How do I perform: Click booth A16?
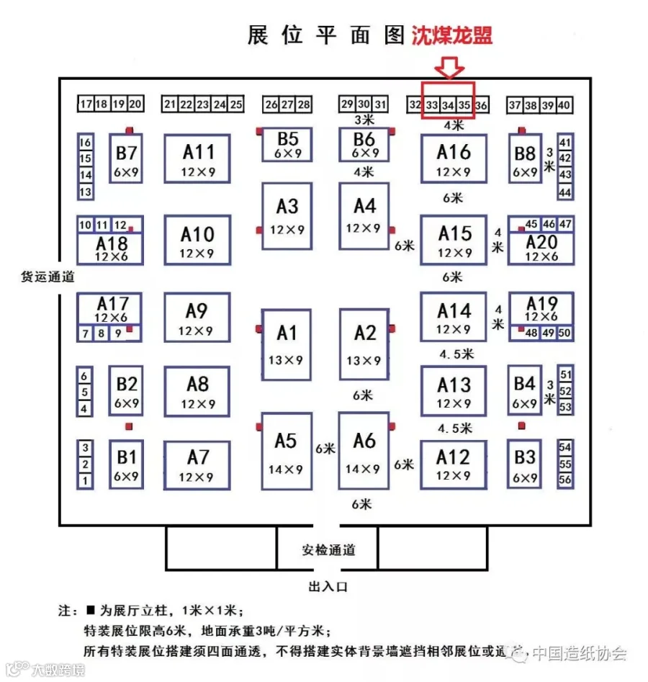click(x=454, y=160)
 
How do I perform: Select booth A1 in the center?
click(x=287, y=344)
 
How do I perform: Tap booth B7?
click(x=126, y=159)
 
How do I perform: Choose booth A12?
click(x=454, y=465)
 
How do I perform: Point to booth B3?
click(x=525, y=465)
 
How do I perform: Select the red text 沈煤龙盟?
click(x=452, y=36)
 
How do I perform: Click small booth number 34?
click(x=448, y=105)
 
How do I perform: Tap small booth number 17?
click(x=86, y=104)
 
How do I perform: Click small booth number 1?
click(x=86, y=480)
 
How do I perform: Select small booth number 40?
click(x=564, y=105)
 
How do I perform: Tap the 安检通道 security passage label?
click(x=328, y=551)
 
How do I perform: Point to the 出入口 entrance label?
click(x=328, y=587)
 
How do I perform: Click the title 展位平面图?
click(x=325, y=36)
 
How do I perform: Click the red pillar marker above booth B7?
click(x=130, y=130)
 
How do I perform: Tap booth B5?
click(x=287, y=145)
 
